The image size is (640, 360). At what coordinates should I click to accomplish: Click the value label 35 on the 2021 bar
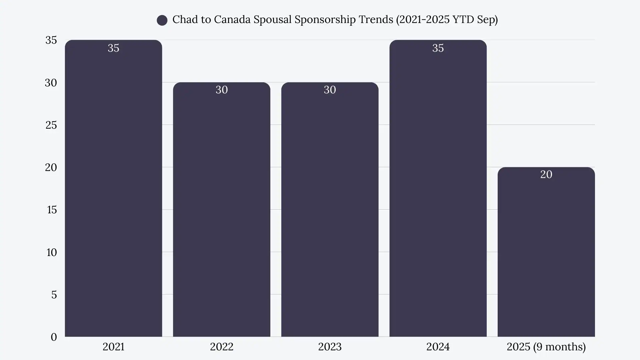(x=113, y=48)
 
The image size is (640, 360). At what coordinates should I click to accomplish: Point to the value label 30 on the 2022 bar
(x=222, y=90)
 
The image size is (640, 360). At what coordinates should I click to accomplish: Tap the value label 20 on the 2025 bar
(x=546, y=174)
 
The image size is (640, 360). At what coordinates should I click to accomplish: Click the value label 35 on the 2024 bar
(x=438, y=48)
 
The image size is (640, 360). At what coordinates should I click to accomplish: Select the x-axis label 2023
(x=330, y=347)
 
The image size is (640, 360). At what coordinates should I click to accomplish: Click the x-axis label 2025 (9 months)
(x=546, y=347)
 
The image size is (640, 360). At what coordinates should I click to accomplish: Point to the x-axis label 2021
(x=113, y=347)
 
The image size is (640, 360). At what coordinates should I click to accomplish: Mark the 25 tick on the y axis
(x=51, y=125)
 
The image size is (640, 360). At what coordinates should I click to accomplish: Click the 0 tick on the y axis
(x=54, y=337)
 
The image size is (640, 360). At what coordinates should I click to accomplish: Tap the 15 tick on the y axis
(x=52, y=210)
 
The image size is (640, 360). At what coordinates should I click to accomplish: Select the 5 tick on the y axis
(x=54, y=295)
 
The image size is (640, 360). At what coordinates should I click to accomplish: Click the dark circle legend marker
(x=162, y=20)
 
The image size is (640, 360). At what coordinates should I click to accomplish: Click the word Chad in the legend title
(x=183, y=19)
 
